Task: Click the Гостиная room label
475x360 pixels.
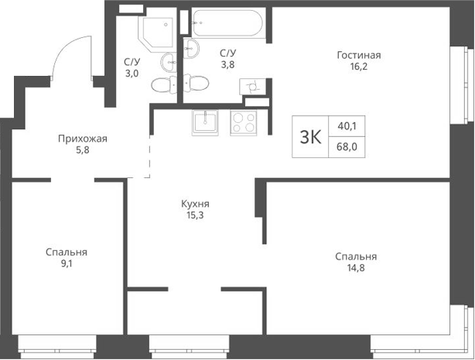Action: coord(359,55)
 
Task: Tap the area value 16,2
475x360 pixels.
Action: coord(359,67)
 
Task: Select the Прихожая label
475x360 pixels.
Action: coord(82,139)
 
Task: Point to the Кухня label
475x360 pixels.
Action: coord(196,204)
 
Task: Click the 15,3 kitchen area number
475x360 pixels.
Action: coord(196,216)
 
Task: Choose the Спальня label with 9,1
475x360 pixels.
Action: coord(66,252)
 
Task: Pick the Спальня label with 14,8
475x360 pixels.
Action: coord(356,257)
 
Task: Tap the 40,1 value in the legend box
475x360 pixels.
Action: coord(348,126)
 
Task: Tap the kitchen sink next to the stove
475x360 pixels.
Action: coord(207,121)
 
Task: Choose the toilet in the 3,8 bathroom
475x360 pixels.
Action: coord(195,83)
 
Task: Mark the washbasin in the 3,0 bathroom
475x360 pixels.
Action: coord(169,61)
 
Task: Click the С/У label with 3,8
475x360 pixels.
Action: coord(227,53)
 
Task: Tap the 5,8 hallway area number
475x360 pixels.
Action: coord(82,152)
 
